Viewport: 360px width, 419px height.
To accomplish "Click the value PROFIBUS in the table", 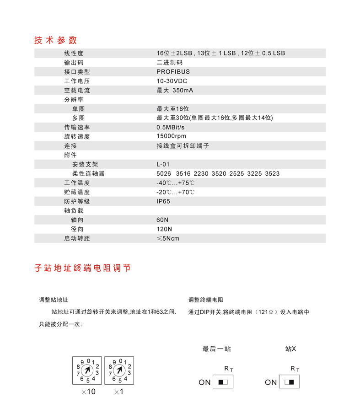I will point(173,72).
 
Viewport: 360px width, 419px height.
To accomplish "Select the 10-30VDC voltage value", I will point(172,81).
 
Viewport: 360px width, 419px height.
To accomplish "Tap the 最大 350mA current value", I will point(175,90).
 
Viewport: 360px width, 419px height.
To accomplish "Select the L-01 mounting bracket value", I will point(163,164).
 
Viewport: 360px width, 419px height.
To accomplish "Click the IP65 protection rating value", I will point(163,201).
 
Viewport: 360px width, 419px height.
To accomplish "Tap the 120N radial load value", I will point(164,229).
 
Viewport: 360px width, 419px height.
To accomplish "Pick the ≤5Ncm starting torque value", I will point(168,238).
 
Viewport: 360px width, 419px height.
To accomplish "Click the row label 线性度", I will point(74,53).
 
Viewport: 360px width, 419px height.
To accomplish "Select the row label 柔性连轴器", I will point(88,173).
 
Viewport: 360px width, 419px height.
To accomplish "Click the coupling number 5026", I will point(163,174).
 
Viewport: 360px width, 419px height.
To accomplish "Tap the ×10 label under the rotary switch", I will point(88,392).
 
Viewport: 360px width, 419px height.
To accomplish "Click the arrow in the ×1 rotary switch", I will point(119,370).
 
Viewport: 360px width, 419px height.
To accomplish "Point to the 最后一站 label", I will point(216,349).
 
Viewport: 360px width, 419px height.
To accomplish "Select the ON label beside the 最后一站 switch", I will point(204,382).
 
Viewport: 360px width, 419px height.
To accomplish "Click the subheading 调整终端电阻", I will point(205,300).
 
